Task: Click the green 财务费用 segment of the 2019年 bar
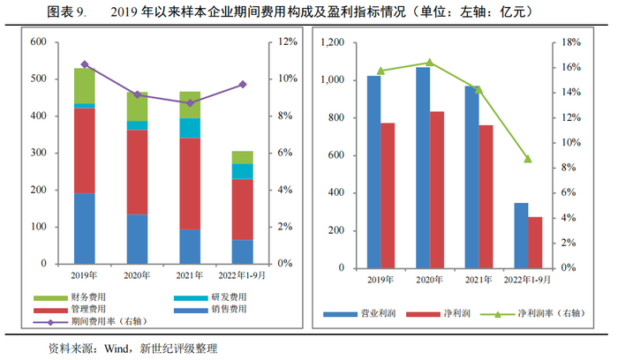85,85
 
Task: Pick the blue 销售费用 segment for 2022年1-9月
242,251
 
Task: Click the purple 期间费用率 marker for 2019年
85,64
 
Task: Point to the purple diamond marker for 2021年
189,103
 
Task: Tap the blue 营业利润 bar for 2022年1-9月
522,235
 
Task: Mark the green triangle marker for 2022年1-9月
528,159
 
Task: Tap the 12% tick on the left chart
288,42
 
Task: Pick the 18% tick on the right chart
571,42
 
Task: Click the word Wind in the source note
117,348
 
